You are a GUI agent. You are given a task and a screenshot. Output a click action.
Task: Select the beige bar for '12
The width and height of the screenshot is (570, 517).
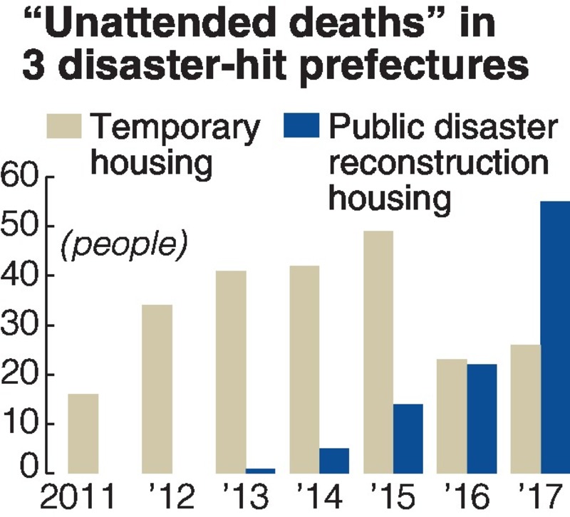tap(157, 389)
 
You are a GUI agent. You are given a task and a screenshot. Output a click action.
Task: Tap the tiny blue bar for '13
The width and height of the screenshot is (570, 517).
tap(260, 471)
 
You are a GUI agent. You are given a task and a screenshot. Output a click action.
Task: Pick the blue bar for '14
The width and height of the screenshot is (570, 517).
tap(334, 460)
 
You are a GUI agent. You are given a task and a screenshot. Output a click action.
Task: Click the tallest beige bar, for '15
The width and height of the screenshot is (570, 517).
tap(378, 352)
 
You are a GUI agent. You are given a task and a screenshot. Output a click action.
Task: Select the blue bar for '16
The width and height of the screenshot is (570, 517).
tap(482, 418)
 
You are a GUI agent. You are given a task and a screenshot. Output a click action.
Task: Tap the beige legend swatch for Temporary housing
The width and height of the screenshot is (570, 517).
tap(65, 127)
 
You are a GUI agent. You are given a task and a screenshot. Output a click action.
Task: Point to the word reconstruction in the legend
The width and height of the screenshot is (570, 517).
tap(438, 164)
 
